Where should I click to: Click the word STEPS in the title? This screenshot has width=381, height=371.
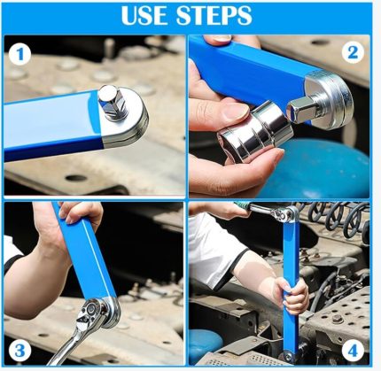point(214,15)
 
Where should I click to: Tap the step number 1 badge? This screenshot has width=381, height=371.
point(19,55)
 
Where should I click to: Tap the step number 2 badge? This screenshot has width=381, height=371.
point(353,53)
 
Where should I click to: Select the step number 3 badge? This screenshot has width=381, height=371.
point(19,352)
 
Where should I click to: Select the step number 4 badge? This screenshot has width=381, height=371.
point(353,352)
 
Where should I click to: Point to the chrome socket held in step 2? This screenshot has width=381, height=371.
point(254,132)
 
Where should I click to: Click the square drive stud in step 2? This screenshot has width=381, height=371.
point(302,108)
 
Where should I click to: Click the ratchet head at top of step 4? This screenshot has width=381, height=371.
point(284,213)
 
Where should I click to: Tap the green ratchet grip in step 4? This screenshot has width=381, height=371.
point(242,205)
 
